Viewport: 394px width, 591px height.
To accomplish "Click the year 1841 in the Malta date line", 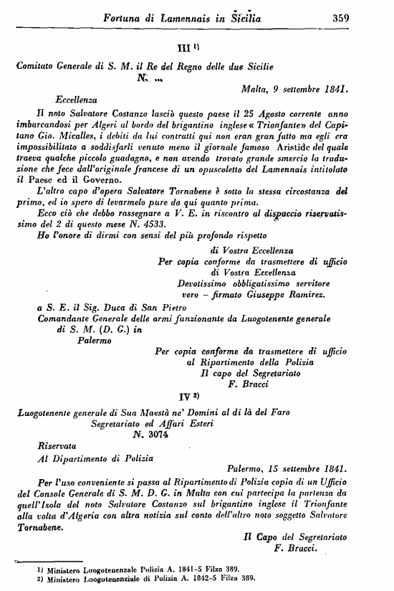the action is pyautogui.click(x=332, y=90).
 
